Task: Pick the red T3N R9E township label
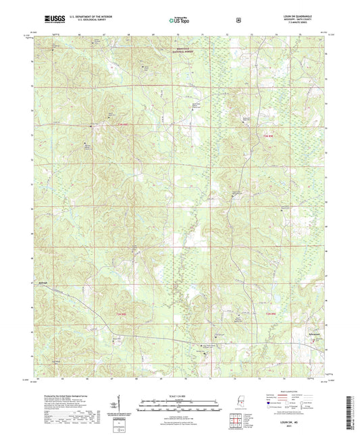tap(269, 136)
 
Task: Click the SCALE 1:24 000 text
tap(179, 396)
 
